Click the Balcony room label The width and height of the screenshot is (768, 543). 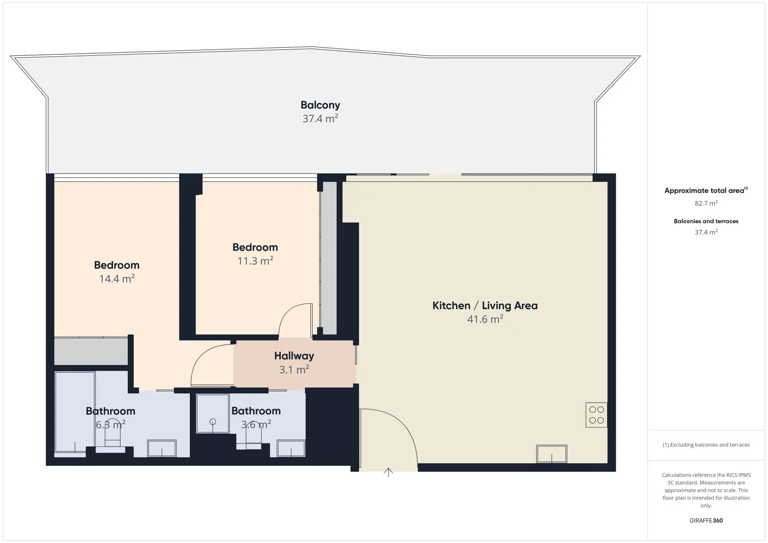click(x=320, y=105)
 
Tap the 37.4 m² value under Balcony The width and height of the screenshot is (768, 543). click(x=320, y=119)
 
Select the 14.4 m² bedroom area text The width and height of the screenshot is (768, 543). click(x=117, y=279)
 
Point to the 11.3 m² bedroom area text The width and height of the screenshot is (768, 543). click(x=255, y=261)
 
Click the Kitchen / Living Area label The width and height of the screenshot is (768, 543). click(x=485, y=306)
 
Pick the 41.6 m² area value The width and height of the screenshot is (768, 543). click(x=485, y=319)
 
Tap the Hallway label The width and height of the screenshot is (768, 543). click(x=294, y=356)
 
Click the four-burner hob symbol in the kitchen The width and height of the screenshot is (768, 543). click(x=596, y=415)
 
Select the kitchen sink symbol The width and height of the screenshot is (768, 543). click(x=551, y=454)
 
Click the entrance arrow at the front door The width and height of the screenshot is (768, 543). click(x=388, y=473)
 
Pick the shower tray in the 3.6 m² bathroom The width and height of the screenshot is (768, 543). click(x=212, y=413)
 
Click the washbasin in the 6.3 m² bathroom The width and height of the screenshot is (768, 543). click(x=162, y=448)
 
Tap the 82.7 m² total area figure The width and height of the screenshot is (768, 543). click(x=706, y=203)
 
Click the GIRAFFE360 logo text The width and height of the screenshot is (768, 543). click(x=706, y=520)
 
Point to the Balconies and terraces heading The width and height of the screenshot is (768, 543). click(x=706, y=221)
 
